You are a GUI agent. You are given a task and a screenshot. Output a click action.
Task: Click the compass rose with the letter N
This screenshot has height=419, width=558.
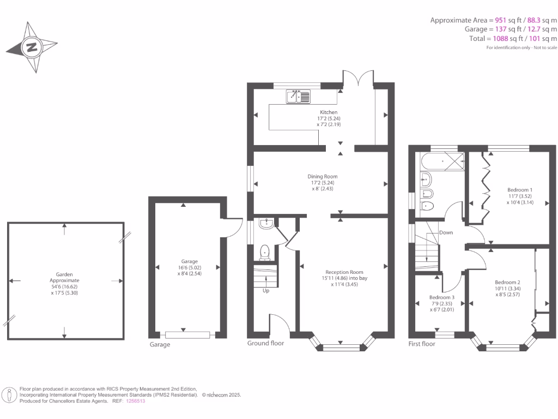[x=32, y=47]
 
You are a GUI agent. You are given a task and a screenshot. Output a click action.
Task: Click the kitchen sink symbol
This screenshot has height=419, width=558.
[x=298, y=97]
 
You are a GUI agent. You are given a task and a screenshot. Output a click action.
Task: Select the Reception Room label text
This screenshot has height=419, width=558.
[x=344, y=272]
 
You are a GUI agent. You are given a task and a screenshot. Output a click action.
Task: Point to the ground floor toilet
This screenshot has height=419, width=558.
[x=265, y=252]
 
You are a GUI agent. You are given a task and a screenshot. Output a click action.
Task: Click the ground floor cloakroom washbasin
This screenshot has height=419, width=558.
[x=266, y=223]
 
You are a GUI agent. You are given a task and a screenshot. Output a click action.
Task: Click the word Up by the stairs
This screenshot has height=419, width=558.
[x=266, y=291]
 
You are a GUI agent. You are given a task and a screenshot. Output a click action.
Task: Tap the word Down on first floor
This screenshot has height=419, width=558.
[x=446, y=232]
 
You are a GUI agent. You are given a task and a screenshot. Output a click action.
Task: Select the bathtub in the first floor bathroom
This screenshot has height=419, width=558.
[x=441, y=160]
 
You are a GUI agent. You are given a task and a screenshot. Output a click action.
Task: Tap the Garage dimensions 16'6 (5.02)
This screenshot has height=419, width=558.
[x=189, y=267]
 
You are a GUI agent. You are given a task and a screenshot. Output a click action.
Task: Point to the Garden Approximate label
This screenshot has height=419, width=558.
[x=64, y=277]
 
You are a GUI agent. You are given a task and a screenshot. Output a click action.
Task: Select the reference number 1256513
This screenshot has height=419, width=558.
[x=136, y=401]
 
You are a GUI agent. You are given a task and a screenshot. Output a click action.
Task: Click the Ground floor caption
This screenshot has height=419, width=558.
[x=265, y=343]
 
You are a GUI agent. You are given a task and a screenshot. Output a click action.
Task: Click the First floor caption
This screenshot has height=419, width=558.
[x=422, y=344]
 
